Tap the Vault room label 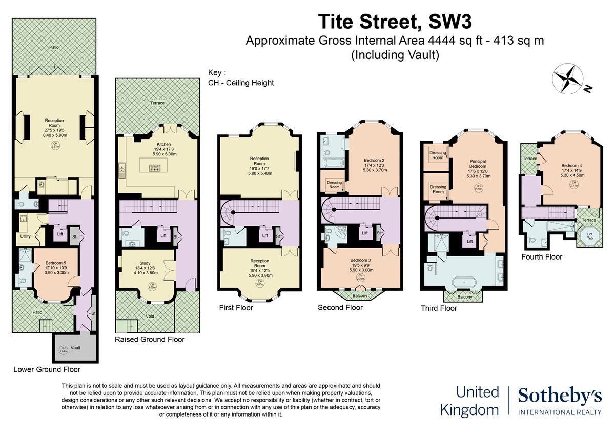coord(76,348)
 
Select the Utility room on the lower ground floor coord(25,236)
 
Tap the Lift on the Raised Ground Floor coord(163,235)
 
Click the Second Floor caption coord(340,308)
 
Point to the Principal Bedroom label coord(477,164)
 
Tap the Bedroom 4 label coord(571,165)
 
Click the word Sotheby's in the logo coord(559,396)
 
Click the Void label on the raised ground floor coord(150,316)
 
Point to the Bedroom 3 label coord(360,260)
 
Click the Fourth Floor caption coord(542,257)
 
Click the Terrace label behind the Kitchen coord(158,103)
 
